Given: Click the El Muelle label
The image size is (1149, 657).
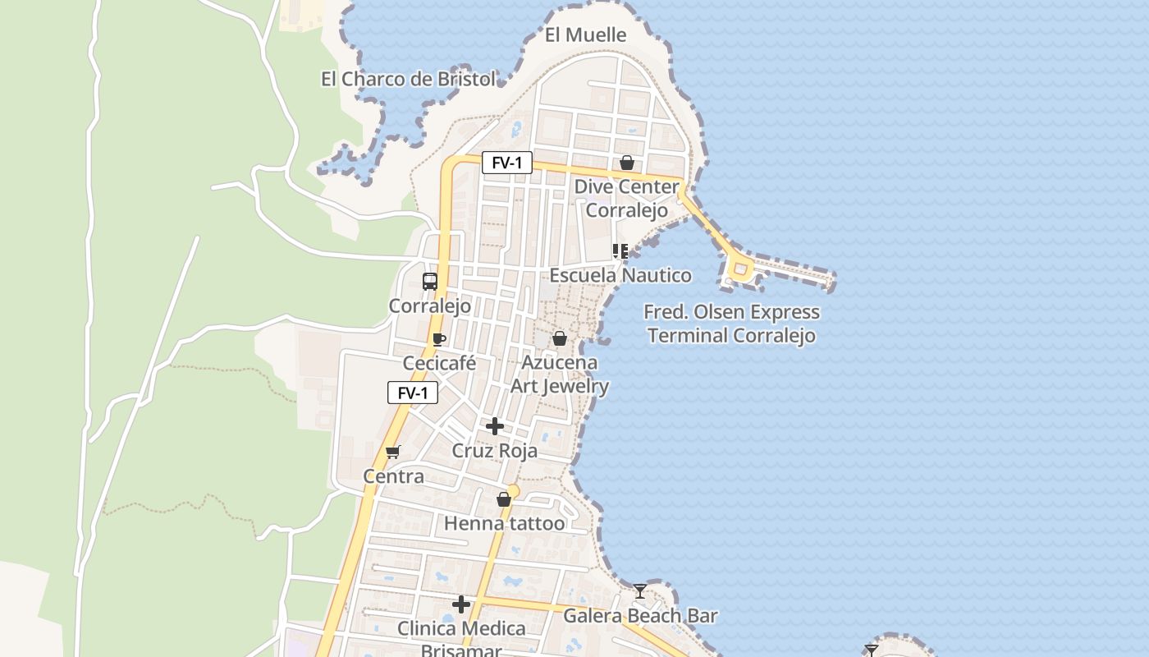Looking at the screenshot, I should pyautogui.click(x=585, y=34).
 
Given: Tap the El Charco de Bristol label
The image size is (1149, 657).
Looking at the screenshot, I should pyautogui.click(x=408, y=79).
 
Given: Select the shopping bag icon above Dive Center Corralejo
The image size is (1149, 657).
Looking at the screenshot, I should pyautogui.click(x=627, y=163).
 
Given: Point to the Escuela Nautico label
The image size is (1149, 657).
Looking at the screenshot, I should pyautogui.click(x=620, y=275).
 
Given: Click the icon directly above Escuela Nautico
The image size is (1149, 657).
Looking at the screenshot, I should pyautogui.click(x=620, y=251).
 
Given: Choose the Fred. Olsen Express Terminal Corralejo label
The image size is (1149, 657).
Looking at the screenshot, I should pyautogui.click(x=731, y=324).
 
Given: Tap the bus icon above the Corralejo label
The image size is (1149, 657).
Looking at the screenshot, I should pyautogui.click(x=430, y=282).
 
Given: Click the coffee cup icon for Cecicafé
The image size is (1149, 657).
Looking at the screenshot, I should pyautogui.click(x=439, y=339).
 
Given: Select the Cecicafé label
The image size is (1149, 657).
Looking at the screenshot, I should pyautogui.click(x=439, y=363).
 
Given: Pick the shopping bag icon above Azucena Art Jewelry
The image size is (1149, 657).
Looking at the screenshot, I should pyautogui.click(x=560, y=338).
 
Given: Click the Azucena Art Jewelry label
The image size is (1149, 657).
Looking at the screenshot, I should pyautogui.click(x=560, y=374).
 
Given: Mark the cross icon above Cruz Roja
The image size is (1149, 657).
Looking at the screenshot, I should pyautogui.click(x=495, y=426).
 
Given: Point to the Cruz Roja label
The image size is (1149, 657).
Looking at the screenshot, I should pyautogui.click(x=495, y=451).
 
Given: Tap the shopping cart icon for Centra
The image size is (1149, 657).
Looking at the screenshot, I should pyautogui.click(x=393, y=452).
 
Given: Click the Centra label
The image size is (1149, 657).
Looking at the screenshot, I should pyautogui.click(x=394, y=476).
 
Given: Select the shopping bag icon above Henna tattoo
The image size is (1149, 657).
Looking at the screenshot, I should pyautogui.click(x=504, y=499).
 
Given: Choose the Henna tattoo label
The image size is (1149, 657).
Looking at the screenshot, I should pyautogui.click(x=504, y=523).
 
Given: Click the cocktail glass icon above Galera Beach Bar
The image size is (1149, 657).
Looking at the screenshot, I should pyautogui.click(x=640, y=591).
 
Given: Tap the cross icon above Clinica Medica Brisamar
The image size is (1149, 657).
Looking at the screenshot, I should pyautogui.click(x=461, y=605).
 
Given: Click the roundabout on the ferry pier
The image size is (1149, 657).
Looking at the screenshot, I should pyautogui.click(x=740, y=269).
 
